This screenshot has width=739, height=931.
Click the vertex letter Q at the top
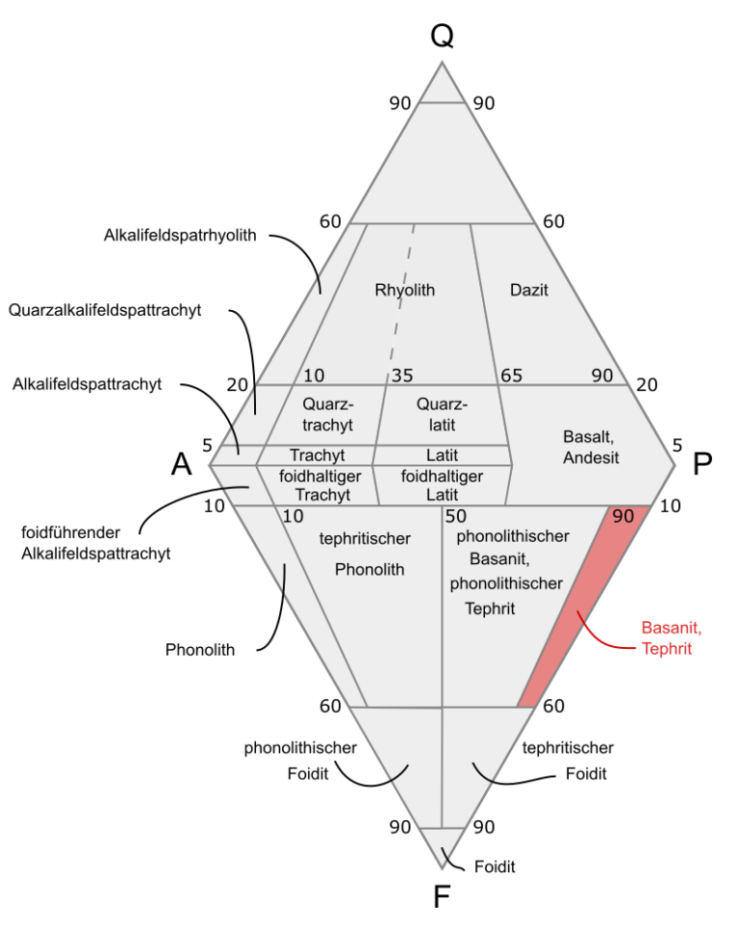[442, 36]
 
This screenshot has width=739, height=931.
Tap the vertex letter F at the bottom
[442, 896]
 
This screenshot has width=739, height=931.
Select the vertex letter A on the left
[182, 464]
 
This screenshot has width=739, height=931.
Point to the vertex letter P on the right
[702, 464]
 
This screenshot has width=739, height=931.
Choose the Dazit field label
[528, 290]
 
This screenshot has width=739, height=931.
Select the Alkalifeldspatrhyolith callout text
[180, 235]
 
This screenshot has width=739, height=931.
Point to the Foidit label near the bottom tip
[495, 866]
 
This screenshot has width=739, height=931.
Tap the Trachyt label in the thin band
[318, 455]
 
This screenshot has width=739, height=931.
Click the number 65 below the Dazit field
[512, 375]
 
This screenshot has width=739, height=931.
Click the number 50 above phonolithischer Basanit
[457, 517]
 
